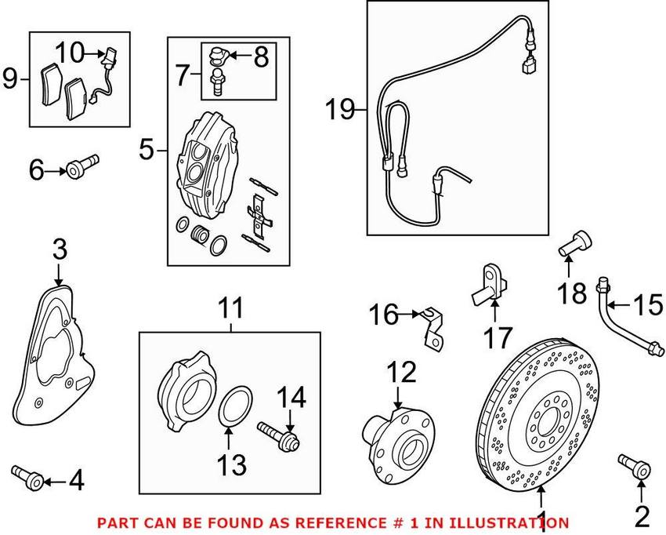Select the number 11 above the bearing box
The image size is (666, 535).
click(231, 309)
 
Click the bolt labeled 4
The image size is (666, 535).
click(24, 474)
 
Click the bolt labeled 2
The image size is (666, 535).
click(634, 468)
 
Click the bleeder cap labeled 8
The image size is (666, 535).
click(219, 56)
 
